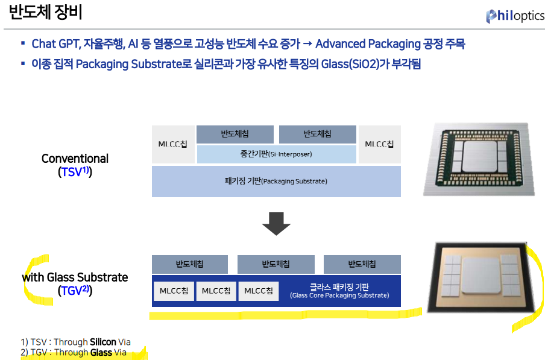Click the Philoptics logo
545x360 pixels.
(x=515, y=16)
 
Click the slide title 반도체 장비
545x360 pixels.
(x=46, y=12)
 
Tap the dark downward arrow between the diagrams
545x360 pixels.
(x=276, y=224)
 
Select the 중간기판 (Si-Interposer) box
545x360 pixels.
(x=277, y=154)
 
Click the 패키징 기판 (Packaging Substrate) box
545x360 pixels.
(x=276, y=182)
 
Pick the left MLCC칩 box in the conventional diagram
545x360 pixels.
(x=173, y=144)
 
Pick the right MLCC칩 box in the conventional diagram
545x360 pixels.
(x=380, y=144)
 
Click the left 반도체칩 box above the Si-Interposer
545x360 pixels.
(x=235, y=134)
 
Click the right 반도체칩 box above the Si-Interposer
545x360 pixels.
(x=318, y=134)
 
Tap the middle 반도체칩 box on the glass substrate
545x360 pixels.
(x=276, y=265)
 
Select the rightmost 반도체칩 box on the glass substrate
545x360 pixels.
(x=362, y=265)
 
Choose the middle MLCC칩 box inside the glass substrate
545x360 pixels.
(x=216, y=291)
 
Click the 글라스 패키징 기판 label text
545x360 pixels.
(x=339, y=287)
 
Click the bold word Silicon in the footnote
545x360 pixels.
(x=103, y=342)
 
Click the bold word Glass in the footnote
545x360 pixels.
(x=101, y=352)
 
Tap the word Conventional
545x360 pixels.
(x=75, y=159)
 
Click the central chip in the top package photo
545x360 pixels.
(x=480, y=156)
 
